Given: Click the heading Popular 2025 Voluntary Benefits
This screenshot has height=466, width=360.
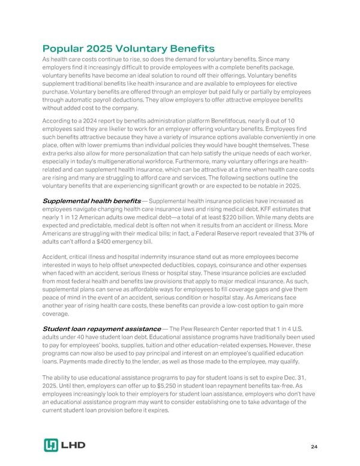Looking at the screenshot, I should point(128,48).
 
